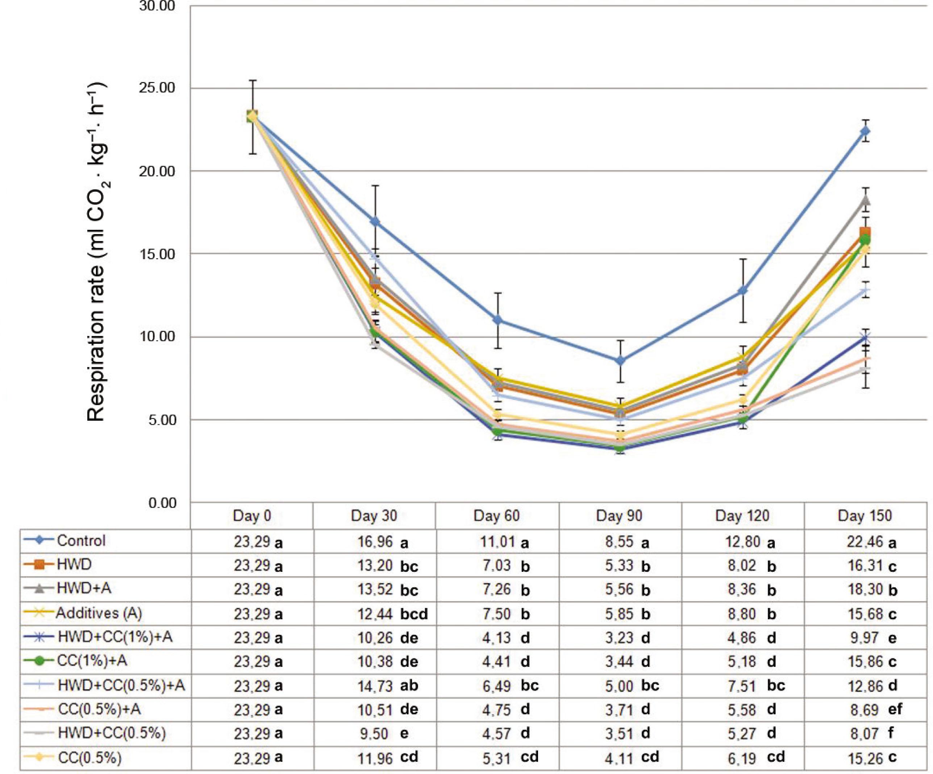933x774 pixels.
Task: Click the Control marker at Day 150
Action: [865, 131]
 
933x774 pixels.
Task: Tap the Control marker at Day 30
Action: [375, 221]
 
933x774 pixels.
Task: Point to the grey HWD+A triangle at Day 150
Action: [865, 200]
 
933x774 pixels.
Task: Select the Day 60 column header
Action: [497, 515]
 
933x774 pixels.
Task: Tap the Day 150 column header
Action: [865, 515]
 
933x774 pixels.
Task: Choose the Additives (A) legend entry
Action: [99, 613]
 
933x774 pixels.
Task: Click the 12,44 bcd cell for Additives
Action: [392, 613]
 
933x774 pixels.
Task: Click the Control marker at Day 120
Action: [742, 291]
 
